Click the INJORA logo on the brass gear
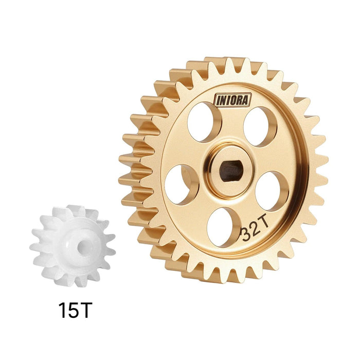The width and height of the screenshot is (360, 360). click(232, 99)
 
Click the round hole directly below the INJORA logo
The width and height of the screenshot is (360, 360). click(204, 122)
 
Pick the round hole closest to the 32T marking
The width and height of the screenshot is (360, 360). click(224, 227)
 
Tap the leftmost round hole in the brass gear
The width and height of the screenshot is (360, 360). click(182, 184)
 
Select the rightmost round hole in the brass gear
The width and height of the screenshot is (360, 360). click(271, 190)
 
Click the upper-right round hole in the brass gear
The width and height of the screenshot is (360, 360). click(260, 127)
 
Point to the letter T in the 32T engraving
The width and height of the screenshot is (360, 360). click(263, 225)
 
